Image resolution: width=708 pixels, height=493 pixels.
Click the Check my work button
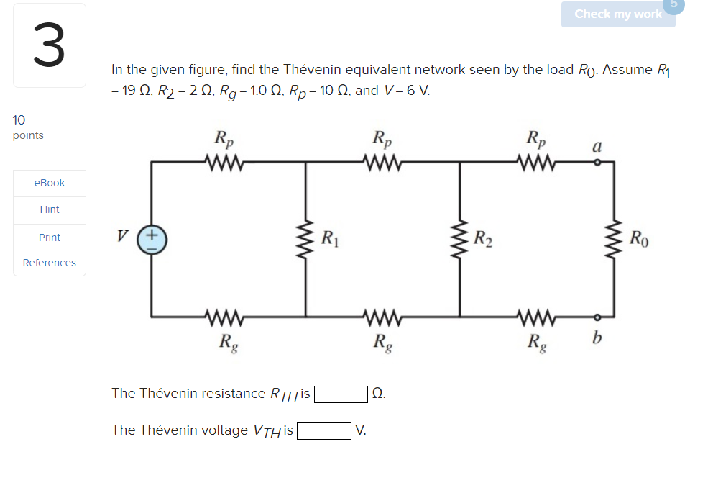click(618, 14)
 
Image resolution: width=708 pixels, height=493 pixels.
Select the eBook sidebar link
click(50, 183)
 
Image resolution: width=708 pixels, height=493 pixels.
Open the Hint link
click(50, 209)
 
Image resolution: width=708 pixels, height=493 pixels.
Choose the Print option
click(50, 237)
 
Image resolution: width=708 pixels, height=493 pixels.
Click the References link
click(50, 263)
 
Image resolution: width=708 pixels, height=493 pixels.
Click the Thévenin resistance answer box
click(341, 394)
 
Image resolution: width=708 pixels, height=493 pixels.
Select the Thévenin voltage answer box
click(324, 430)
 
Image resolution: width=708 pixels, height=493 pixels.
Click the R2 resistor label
click(484, 238)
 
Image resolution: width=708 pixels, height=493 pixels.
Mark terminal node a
click(596, 162)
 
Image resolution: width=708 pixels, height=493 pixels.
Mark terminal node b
click(596, 317)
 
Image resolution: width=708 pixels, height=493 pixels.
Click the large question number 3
click(49, 45)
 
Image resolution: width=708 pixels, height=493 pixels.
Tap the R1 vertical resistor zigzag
click(305, 240)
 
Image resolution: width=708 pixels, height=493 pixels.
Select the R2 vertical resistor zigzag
click(460, 240)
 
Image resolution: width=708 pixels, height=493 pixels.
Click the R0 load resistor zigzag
click(615, 240)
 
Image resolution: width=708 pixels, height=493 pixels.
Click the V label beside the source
click(124, 235)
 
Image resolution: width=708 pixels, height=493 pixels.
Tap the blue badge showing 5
click(676, 4)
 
